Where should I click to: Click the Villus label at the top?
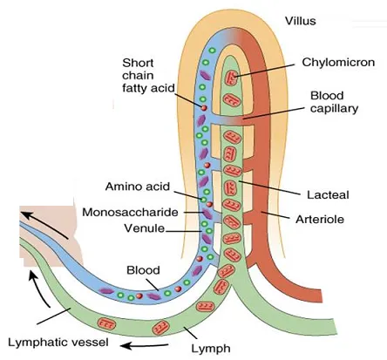(300, 21)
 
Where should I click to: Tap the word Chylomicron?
(338, 62)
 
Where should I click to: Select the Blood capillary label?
(334, 102)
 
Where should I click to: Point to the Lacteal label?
(328, 194)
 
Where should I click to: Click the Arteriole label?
(320, 219)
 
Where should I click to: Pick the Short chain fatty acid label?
(148, 75)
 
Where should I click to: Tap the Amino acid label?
(138, 187)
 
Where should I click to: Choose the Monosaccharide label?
(130, 212)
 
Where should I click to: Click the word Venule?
(145, 228)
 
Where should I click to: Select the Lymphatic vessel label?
(58, 343)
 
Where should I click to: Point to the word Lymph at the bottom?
(211, 349)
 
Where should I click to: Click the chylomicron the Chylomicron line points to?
(233, 78)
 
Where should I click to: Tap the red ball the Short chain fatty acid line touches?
(204, 108)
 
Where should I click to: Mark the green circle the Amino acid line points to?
(204, 200)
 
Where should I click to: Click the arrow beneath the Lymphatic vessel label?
(145, 346)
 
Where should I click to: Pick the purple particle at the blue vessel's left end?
(106, 291)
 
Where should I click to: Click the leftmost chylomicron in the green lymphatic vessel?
(106, 323)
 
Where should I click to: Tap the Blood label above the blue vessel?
(143, 270)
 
